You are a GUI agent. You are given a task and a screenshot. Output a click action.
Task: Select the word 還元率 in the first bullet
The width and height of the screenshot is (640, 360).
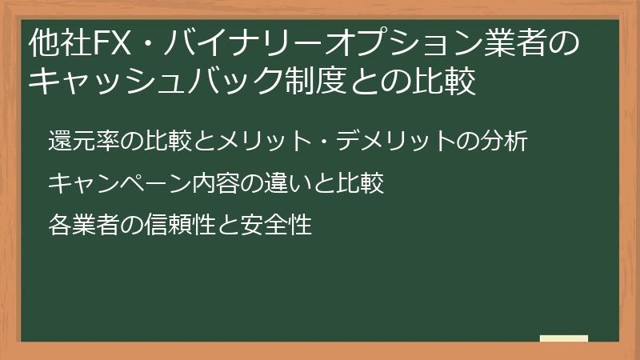tap(86, 142)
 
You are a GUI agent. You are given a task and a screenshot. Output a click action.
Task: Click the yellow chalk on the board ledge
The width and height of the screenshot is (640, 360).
tap(563, 338)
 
